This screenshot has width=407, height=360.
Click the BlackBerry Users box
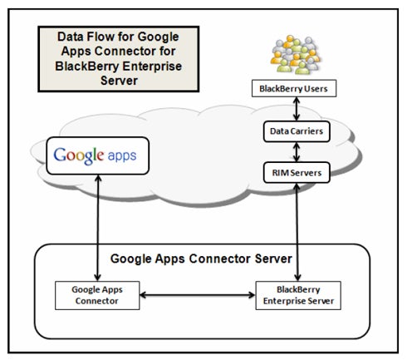point(294,88)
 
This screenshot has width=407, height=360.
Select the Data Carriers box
point(297,131)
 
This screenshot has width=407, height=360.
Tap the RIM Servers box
point(297,172)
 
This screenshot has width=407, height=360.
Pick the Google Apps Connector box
point(97,295)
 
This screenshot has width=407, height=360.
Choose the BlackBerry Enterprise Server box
point(298,295)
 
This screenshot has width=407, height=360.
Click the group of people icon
point(296,55)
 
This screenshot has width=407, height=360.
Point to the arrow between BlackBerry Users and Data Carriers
point(297,109)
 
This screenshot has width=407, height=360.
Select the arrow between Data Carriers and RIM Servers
point(297,152)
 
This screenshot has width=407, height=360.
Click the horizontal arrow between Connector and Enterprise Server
point(198,295)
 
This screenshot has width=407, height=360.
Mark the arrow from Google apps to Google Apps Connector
point(98,228)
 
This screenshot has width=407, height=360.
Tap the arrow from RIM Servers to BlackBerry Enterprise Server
point(297,232)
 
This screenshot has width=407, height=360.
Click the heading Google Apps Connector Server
point(201,259)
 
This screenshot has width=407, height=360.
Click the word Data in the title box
point(70,37)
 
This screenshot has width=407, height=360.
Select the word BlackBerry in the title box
point(87,67)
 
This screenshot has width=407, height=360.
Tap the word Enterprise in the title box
point(152,67)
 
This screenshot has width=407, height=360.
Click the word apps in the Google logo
point(122,156)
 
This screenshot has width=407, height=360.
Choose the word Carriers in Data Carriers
point(307,131)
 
